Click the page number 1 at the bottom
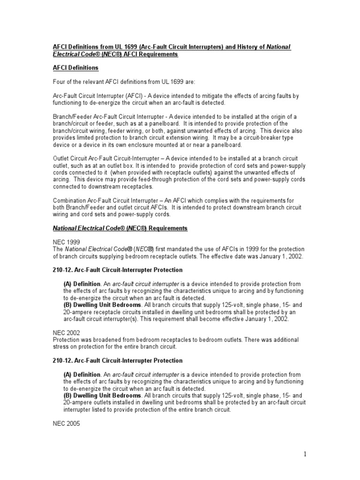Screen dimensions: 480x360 point(305,454)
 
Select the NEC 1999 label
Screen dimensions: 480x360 point(66,242)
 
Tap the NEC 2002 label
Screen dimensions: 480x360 point(66,332)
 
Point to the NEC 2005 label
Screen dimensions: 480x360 point(66,423)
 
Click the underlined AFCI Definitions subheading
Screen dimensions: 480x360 point(75,68)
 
